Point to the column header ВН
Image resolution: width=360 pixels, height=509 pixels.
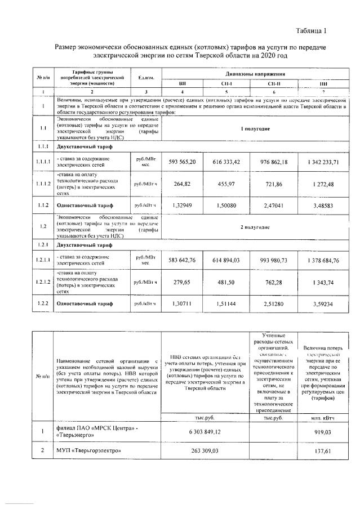tap(182, 83)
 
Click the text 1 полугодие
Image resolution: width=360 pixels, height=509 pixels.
tap(255, 128)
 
